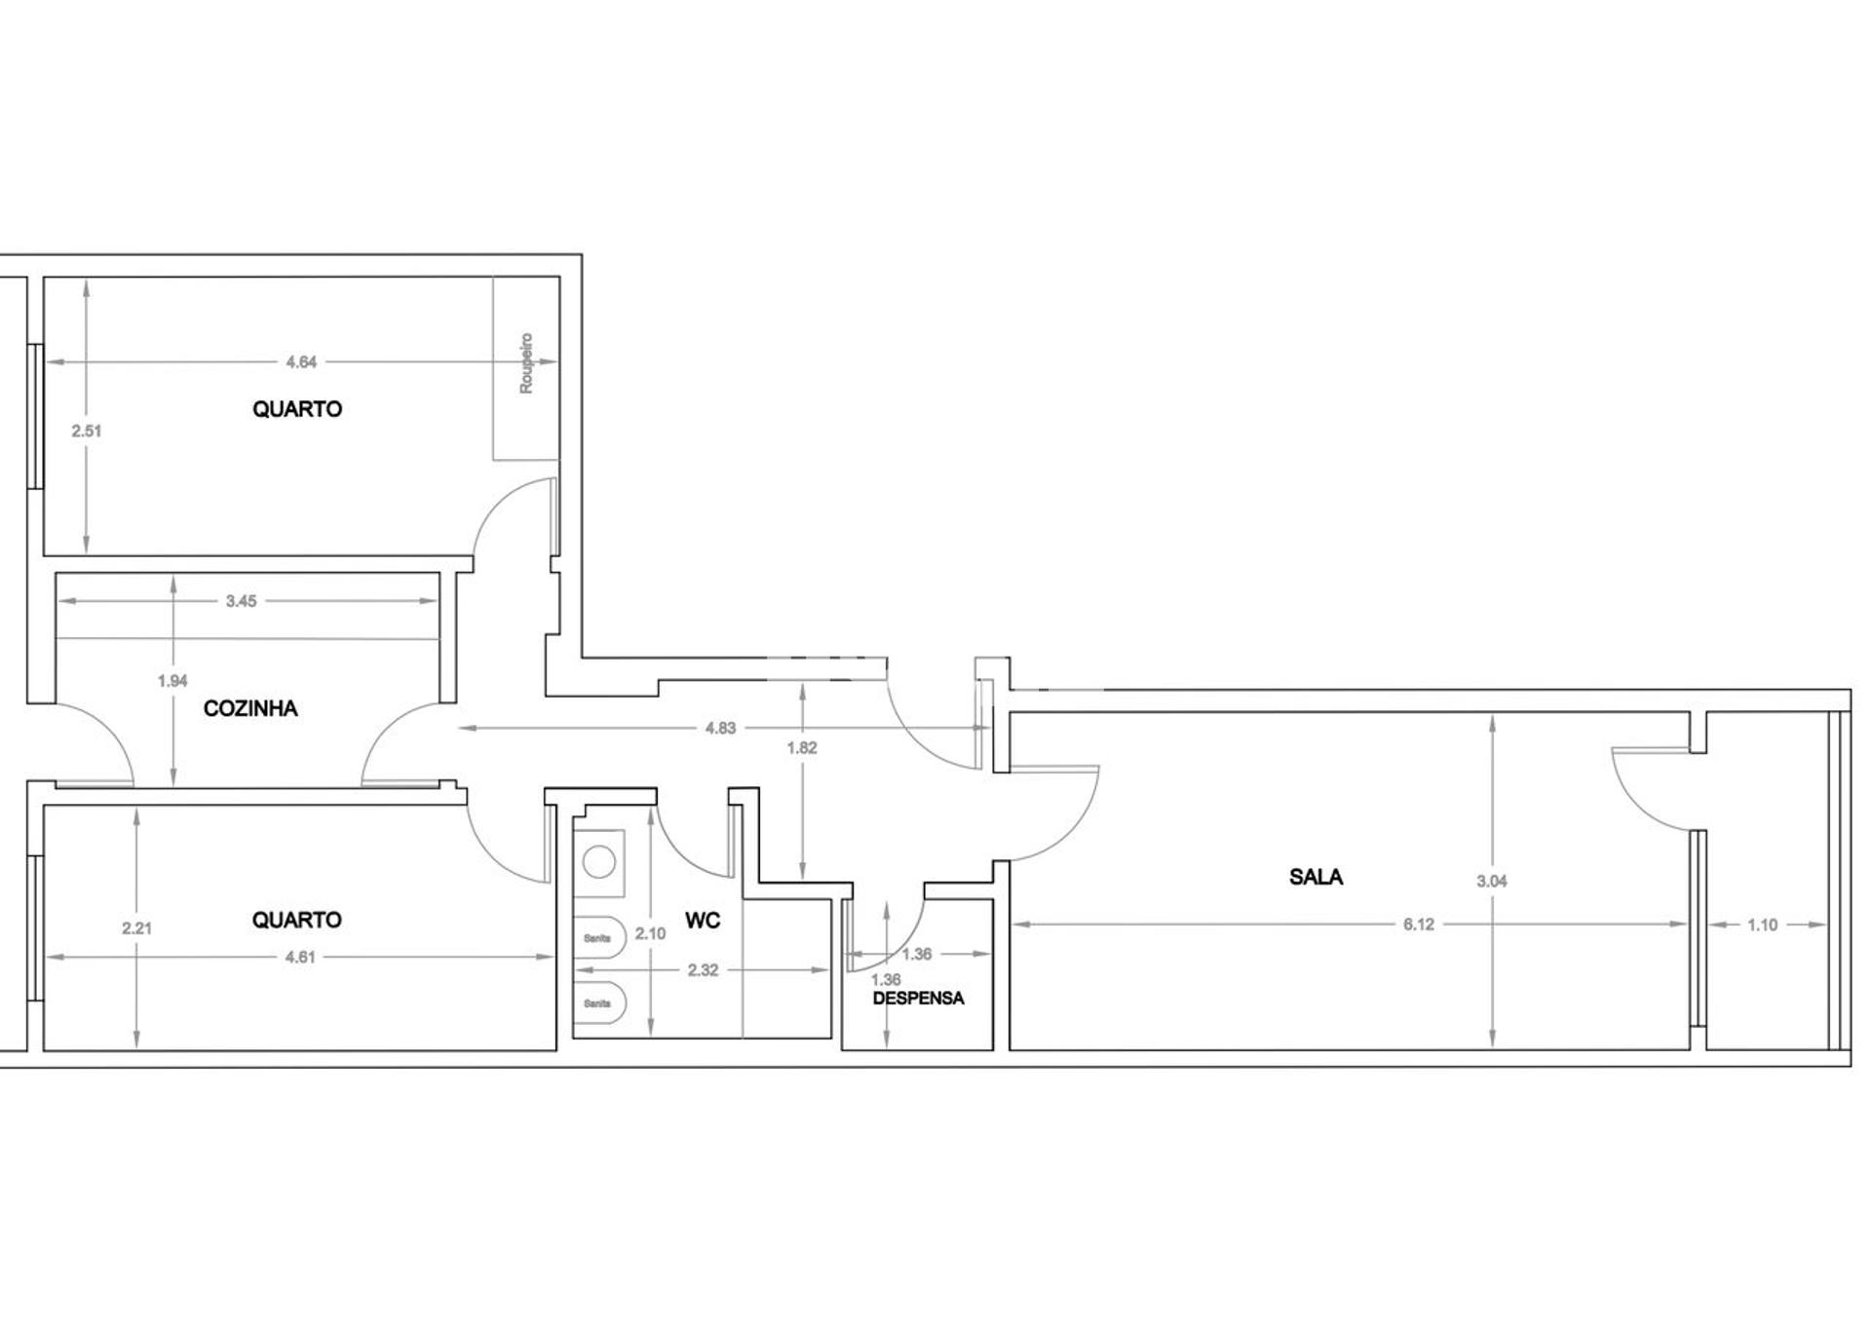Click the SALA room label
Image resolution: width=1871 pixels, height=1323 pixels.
point(1316,877)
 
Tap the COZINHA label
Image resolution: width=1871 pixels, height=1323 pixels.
point(250,708)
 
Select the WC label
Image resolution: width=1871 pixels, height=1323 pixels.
point(703,921)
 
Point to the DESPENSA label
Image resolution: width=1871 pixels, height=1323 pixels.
point(918,999)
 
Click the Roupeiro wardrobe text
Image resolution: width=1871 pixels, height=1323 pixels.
point(526,363)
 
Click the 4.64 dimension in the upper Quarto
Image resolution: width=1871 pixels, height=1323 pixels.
point(301,362)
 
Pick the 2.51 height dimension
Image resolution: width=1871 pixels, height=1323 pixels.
point(87,431)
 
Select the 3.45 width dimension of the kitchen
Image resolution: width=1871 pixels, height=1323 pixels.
point(241,601)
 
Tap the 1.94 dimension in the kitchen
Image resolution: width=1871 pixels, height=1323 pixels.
point(172,681)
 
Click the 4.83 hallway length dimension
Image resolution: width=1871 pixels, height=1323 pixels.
point(720,728)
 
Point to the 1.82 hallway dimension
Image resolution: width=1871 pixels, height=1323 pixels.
point(802,748)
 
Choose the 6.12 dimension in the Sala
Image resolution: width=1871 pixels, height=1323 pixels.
point(1419,925)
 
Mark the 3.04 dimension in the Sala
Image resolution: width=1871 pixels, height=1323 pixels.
point(1492,881)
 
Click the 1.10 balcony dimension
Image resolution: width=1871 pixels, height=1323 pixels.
point(1763,925)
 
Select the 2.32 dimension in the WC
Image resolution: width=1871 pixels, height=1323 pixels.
point(703,970)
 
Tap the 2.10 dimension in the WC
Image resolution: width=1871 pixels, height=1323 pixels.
point(650,933)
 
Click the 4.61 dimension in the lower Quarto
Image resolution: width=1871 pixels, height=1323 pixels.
point(300,957)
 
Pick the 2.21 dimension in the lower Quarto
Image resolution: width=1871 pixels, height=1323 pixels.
point(137,928)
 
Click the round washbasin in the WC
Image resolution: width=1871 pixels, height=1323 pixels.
point(599,862)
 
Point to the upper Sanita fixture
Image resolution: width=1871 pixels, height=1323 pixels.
point(598,938)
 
